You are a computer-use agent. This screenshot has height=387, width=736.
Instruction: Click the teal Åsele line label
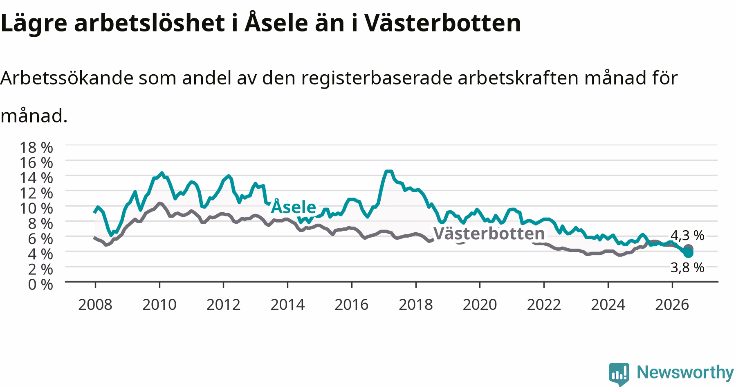pos(294,207)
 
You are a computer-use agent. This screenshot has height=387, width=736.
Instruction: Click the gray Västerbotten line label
pos(489,234)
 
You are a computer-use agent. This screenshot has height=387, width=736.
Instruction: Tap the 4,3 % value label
pos(687,235)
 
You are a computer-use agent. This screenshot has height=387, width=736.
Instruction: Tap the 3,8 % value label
pos(687,267)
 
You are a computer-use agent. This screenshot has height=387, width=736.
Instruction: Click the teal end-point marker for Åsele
pos(688,253)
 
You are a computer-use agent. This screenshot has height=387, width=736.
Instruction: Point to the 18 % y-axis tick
pos(36,147)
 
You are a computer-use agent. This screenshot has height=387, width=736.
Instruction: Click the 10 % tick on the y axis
pos(36,208)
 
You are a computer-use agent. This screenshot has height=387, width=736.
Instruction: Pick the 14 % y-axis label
pos(36,178)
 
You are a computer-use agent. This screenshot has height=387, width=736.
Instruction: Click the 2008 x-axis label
pos(95,305)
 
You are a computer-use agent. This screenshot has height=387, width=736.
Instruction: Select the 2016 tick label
pos(352,305)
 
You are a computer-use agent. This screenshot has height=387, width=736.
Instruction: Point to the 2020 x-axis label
pos(480,305)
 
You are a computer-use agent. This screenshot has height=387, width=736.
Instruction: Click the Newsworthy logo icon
pos(619,374)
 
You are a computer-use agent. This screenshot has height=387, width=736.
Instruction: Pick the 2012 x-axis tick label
pos(223,305)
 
